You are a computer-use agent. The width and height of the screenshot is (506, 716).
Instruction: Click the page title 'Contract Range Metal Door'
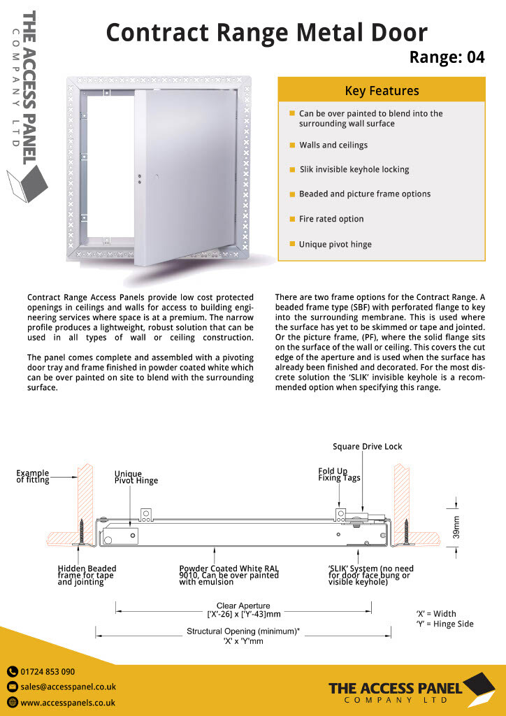266,32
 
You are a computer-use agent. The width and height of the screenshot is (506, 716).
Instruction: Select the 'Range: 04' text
447,57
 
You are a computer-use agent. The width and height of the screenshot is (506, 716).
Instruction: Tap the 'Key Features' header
382,91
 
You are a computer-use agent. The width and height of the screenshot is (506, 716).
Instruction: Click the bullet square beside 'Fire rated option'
292,219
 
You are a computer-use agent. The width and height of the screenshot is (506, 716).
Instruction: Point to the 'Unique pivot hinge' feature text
335,245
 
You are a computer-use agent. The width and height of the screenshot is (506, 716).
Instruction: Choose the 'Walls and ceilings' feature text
333,145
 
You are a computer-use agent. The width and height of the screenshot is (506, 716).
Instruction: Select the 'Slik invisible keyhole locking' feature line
354,169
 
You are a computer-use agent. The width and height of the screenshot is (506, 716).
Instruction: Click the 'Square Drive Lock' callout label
367,447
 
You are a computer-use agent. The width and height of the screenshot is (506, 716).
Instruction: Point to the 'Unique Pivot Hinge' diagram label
136,477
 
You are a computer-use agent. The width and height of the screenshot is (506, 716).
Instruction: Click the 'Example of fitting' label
33,476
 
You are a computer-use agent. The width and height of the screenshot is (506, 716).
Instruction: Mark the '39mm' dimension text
456,527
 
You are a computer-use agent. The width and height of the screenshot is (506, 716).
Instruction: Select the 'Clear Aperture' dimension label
243,606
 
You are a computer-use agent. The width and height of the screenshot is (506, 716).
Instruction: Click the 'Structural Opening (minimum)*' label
243,631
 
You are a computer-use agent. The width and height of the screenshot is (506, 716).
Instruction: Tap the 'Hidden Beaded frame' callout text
87,575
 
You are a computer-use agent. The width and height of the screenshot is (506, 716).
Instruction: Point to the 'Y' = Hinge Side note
444,624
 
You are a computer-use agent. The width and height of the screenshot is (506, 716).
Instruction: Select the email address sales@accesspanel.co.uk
68,687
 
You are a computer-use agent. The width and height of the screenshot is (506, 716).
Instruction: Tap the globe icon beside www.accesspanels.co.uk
13,703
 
